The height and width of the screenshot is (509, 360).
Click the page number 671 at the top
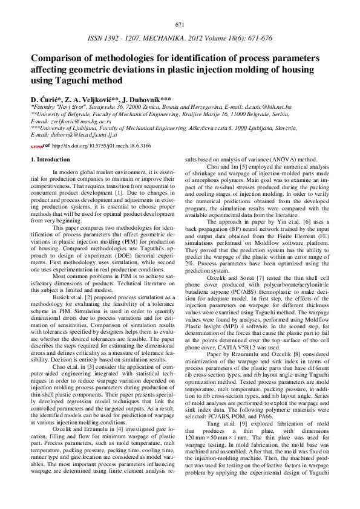point(180,25)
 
